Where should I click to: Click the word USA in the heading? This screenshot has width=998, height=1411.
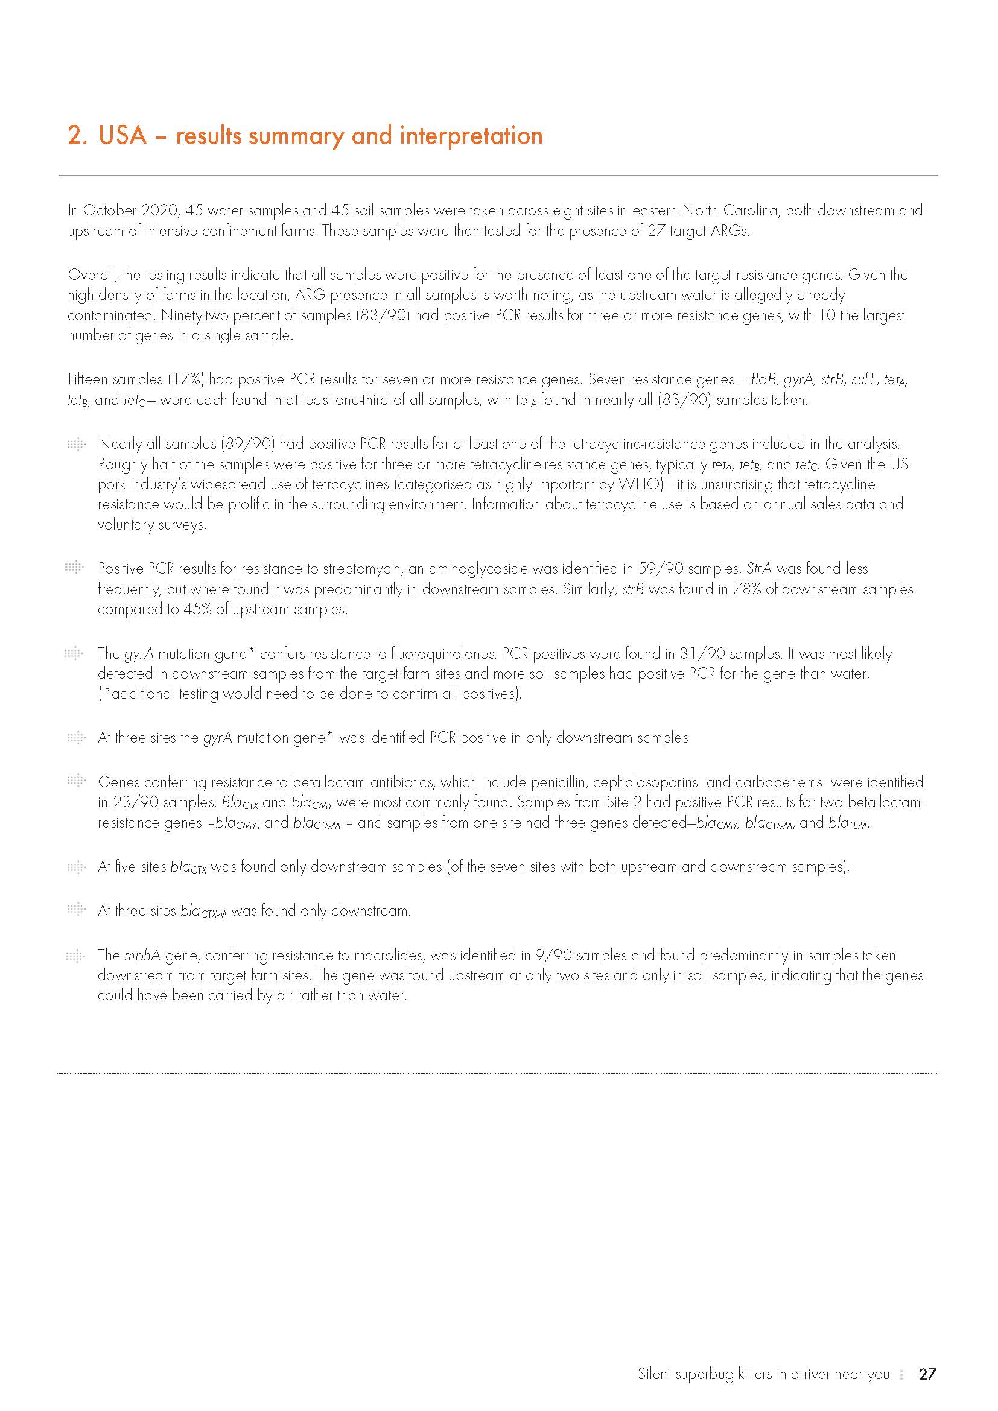(x=122, y=136)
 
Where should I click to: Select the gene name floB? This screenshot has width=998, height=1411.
(x=764, y=380)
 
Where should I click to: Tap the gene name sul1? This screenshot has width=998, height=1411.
(x=863, y=380)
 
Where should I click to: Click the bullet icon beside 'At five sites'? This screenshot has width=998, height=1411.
(x=75, y=867)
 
